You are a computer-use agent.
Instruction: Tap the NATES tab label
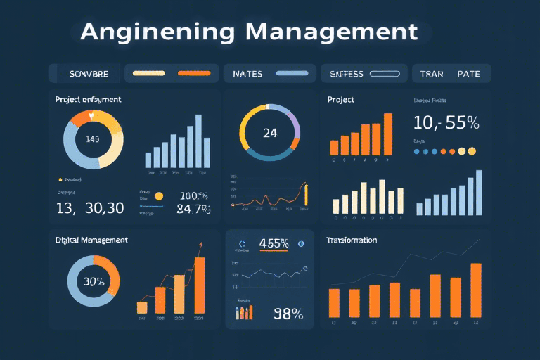tap(247, 73)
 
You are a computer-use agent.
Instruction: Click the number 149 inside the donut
tap(93, 139)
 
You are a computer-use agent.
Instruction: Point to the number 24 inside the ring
tap(269, 134)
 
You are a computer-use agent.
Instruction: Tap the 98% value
tap(288, 314)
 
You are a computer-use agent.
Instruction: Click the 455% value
tap(274, 244)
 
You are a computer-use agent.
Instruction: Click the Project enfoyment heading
tap(88, 100)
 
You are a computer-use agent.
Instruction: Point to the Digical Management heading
tap(91, 240)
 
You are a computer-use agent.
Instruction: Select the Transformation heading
tap(352, 240)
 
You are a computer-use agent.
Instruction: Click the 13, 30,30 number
tap(90, 208)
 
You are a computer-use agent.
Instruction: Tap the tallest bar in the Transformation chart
tap(476, 290)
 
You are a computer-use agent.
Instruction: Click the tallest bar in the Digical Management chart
tap(200, 285)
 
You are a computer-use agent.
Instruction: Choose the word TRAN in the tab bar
tap(432, 73)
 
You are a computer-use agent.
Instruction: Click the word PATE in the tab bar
tap(468, 73)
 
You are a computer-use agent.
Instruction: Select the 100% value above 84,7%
tap(194, 196)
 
